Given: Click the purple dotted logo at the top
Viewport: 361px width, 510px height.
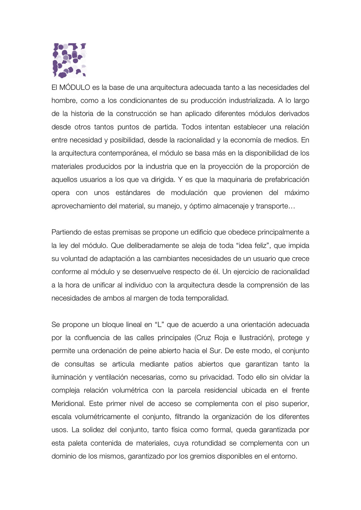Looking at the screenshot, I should [69, 61].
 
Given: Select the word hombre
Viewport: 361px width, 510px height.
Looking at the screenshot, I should [64, 101].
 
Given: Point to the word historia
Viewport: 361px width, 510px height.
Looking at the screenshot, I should [82, 114].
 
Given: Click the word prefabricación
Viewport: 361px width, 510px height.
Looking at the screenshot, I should [287, 180].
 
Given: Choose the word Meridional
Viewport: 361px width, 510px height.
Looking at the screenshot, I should [68, 404].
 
